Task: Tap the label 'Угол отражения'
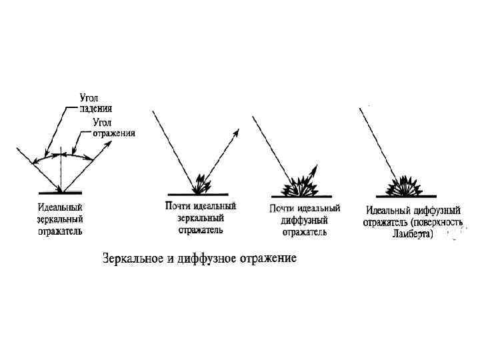pos(114,127)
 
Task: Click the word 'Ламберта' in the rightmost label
pos(412,233)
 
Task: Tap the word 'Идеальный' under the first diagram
pos(60,207)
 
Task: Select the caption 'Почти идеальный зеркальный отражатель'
pos(201,218)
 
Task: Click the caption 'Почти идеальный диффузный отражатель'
pos(305,220)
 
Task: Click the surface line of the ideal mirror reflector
pos(61,193)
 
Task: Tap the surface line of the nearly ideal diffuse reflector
pos(304,197)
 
